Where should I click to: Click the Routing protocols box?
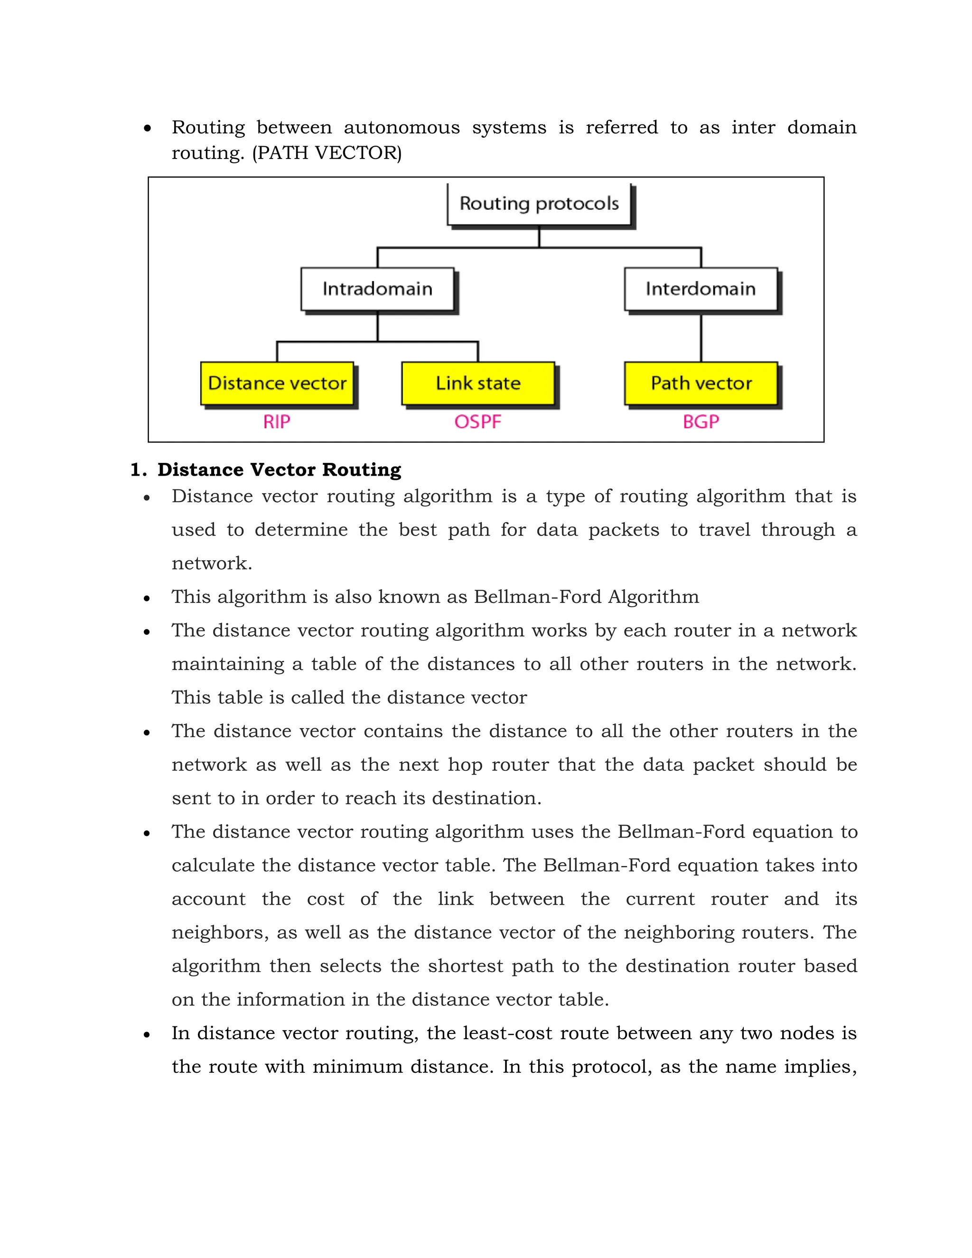(x=539, y=205)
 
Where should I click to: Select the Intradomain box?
(x=377, y=289)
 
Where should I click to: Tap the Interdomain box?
(x=701, y=289)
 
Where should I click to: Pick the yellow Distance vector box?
(x=277, y=383)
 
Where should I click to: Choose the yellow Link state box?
(x=478, y=383)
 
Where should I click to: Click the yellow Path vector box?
(x=701, y=383)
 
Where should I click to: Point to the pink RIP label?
(x=277, y=422)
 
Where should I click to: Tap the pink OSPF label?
(x=478, y=422)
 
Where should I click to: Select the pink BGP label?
(x=701, y=422)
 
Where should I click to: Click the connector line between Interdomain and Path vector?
(x=701, y=338)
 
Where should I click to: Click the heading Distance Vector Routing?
(x=279, y=470)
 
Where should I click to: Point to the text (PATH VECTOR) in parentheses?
(x=327, y=153)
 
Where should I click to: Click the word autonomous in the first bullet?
(x=402, y=127)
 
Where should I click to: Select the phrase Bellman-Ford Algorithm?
(x=587, y=597)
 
